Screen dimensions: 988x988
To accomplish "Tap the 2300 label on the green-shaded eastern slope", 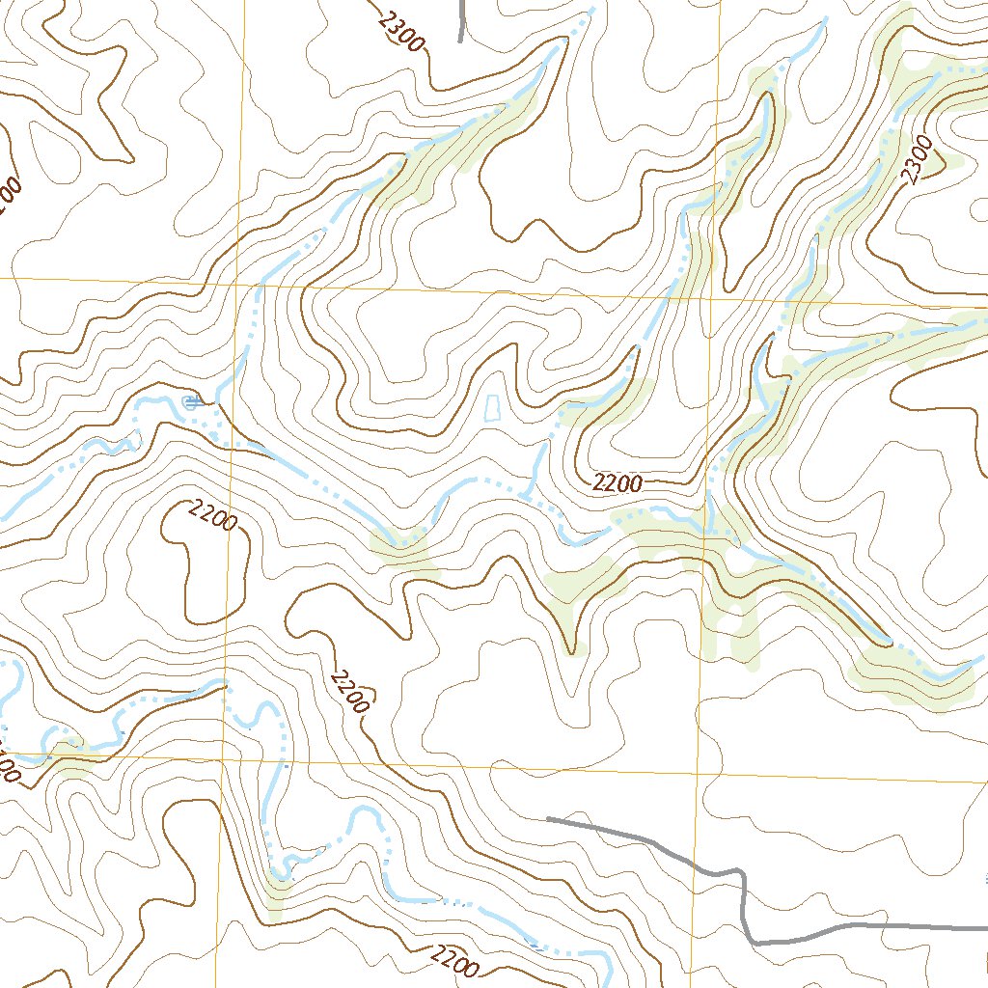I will coord(918,159).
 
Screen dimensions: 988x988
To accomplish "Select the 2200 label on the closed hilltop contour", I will coord(213,516).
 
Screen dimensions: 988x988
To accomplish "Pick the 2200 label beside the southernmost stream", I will coord(453,959).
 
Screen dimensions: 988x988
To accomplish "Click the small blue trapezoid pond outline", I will coord(491,408).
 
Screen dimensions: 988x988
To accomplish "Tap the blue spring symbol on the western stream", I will coord(190,401).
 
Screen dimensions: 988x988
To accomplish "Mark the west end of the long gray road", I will coord(548,818).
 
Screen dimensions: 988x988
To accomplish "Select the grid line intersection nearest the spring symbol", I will coord(235,285).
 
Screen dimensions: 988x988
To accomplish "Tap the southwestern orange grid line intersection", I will coord(223,760).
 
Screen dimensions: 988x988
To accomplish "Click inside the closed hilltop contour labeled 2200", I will coord(207,569).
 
